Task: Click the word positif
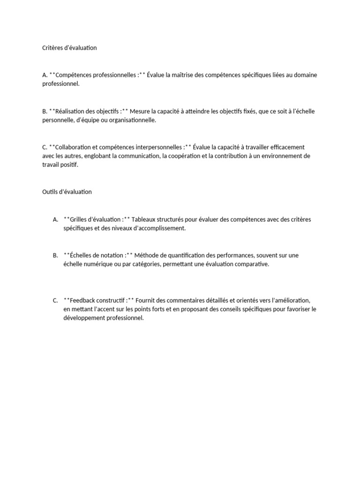(x=68, y=165)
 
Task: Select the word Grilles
(x=79, y=219)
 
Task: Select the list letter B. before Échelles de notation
(x=55, y=255)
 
